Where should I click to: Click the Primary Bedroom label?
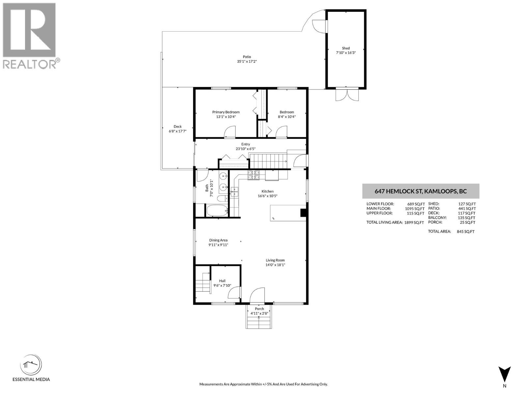point(226,112)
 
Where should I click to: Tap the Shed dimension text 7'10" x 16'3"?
point(346,53)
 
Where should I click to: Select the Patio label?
point(247,57)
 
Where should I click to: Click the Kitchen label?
point(267,191)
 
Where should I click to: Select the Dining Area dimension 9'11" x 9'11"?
point(218,245)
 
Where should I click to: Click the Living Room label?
point(275,260)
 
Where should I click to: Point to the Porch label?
point(259,309)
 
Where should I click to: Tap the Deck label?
point(178,126)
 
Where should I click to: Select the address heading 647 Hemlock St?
point(420,191)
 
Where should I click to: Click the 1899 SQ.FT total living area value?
point(414,223)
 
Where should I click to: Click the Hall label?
point(222,281)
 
